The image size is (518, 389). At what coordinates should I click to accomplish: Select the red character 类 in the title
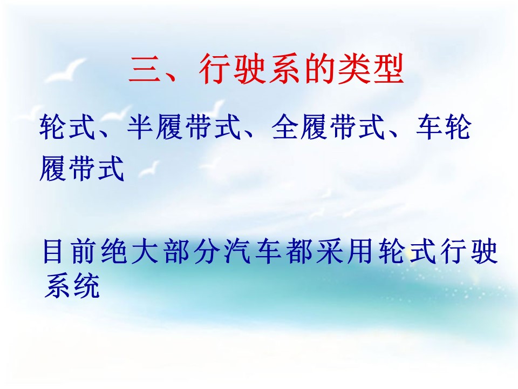point(353,69)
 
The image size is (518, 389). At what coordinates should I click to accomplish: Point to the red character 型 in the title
point(388,69)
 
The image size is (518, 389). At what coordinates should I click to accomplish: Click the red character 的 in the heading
point(318,69)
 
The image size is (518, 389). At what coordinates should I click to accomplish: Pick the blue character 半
point(141,126)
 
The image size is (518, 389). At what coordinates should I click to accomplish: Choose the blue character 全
point(285,126)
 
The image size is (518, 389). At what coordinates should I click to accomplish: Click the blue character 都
point(299,252)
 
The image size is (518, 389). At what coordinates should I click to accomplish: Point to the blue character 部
point(176,252)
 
